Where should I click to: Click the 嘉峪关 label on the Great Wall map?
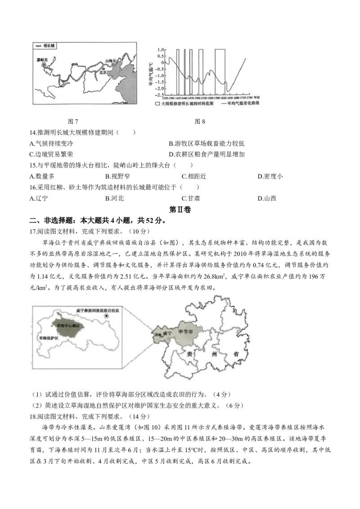pyautogui.click(x=43, y=59)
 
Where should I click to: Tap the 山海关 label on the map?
pyautogui.click(x=110, y=61)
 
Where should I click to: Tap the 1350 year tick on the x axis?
pyautogui.click(x=165, y=98)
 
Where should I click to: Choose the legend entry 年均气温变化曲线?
pyautogui.click(x=243, y=103)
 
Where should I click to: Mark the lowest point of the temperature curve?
pyautogui.click(x=228, y=91)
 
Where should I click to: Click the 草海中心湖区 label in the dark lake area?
pyautogui.click(x=67, y=324)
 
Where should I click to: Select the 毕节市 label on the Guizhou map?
pyautogui.click(x=185, y=331)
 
